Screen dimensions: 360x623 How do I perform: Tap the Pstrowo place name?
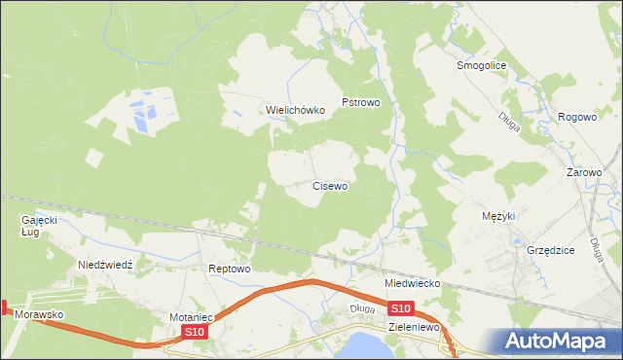367,101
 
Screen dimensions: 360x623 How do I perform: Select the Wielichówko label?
295,111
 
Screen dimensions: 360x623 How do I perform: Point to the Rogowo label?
577,117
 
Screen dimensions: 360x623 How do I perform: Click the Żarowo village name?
585,172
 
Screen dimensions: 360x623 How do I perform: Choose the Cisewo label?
330,185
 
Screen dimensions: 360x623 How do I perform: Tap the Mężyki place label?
498,216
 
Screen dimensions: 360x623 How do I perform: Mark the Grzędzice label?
551,250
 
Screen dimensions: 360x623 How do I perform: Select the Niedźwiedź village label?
111,265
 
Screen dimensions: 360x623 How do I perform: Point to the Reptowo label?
230,269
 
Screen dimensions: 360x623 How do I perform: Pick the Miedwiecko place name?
413,283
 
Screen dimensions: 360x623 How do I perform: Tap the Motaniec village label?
191,317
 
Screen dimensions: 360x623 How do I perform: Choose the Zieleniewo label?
416,329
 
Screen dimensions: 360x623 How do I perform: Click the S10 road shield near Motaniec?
195,333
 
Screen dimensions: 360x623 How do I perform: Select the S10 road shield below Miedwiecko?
403,308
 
